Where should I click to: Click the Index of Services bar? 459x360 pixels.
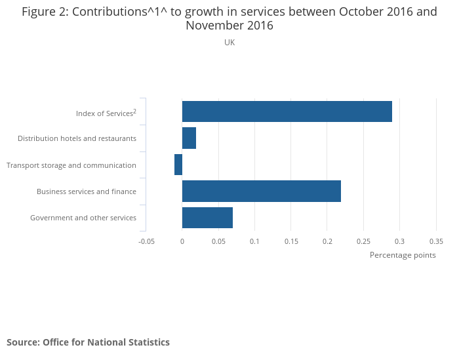[x=287, y=111]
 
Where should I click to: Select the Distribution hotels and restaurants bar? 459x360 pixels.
[x=189, y=138]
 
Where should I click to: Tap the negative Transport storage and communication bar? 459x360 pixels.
[x=178, y=165]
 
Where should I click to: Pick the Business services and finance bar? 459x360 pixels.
[x=261, y=191]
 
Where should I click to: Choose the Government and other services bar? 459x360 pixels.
[x=207, y=218]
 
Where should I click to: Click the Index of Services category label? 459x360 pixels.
[x=106, y=113]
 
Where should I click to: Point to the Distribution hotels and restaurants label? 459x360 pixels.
[x=77, y=138]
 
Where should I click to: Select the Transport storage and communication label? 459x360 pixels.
[x=71, y=165]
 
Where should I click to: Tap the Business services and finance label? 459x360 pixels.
[x=87, y=191]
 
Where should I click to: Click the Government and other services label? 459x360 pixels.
[x=83, y=218]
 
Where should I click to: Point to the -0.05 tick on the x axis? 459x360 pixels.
[x=146, y=241]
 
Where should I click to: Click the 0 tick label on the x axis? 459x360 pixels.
[x=182, y=241]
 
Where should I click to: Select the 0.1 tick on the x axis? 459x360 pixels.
[x=254, y=241]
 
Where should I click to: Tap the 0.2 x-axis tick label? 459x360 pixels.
[x=327, y=241]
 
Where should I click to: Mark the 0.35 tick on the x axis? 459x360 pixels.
[x=436, y=241]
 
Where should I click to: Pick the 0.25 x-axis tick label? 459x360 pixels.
[x=363, y=241]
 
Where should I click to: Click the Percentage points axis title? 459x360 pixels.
[x=403, y=255]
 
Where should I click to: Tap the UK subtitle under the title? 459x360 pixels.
[x=229, y=43]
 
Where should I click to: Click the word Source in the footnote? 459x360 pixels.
[x=22, y=342]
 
